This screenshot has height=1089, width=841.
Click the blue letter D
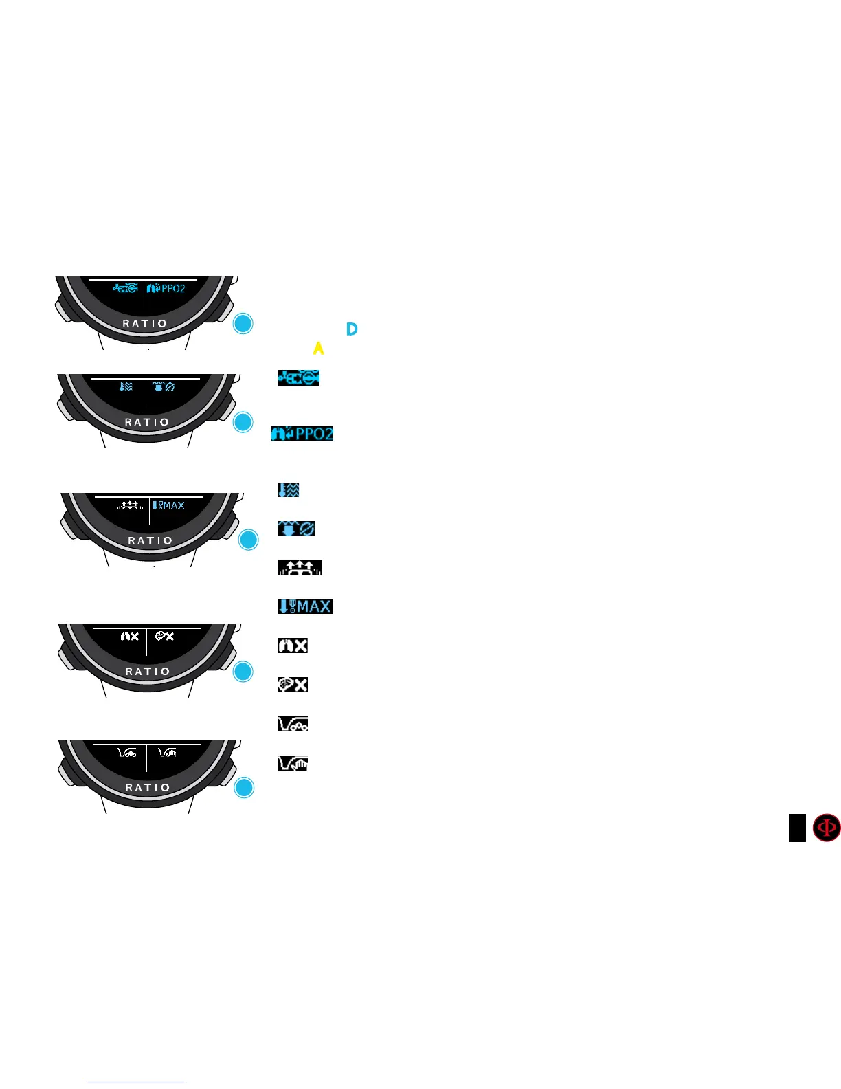[352, 329]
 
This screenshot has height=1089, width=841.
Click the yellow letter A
[318, 349]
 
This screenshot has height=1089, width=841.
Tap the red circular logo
[826, 828]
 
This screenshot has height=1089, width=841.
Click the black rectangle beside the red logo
[797, 828]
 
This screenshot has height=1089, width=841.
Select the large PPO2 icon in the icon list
[302, 434]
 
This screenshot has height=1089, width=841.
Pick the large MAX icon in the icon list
[305, 606]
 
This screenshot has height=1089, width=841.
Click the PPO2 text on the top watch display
[173, 289]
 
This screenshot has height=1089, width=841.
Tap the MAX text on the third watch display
[173, 505]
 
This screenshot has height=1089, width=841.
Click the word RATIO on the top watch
[144, 323]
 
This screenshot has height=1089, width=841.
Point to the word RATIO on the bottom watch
[147, 787]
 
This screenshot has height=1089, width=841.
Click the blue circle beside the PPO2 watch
[243, 324]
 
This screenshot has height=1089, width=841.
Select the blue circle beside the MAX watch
[248, 540]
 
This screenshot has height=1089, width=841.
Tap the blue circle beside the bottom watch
[244, 787]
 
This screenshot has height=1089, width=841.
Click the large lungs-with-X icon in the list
[293, 646]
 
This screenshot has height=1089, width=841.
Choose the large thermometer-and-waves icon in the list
[289, 489]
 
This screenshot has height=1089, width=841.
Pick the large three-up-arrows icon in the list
[300, 568]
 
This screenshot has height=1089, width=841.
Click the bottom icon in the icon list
[293, 763]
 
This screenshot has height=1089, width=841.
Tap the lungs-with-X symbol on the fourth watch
[129, 637]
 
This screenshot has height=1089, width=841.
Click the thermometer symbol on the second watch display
[122, 387]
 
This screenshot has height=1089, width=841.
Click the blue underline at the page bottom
[136, 1083]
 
